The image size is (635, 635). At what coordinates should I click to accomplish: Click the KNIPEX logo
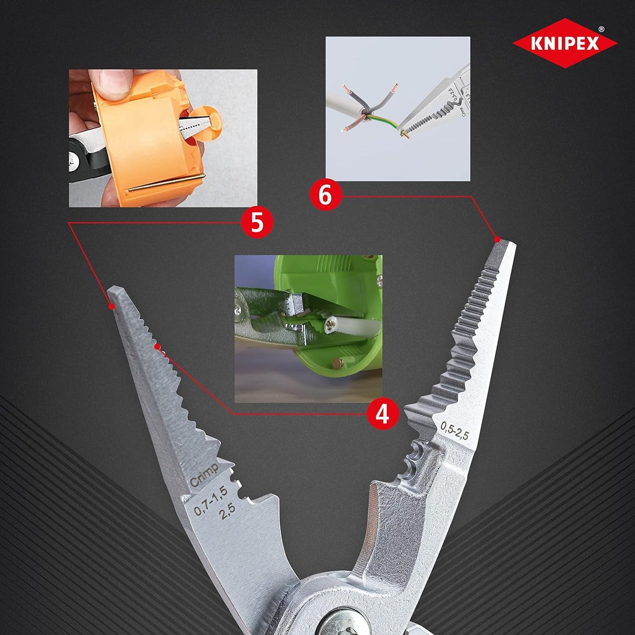coord(565,43)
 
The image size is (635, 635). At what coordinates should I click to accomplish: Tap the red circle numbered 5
coord(257,222)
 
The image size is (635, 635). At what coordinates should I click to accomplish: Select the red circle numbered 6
coord(325,195)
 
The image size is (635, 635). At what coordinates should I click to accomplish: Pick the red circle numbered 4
coord(382,414)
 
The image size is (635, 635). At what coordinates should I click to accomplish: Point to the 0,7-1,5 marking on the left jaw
coord(211,501)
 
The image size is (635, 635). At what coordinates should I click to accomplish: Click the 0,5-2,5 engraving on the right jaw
coord(455,430)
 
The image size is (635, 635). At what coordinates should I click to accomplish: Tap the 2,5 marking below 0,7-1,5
coord(228,512)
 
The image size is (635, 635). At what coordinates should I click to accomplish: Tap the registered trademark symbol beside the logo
coord(601,29)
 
